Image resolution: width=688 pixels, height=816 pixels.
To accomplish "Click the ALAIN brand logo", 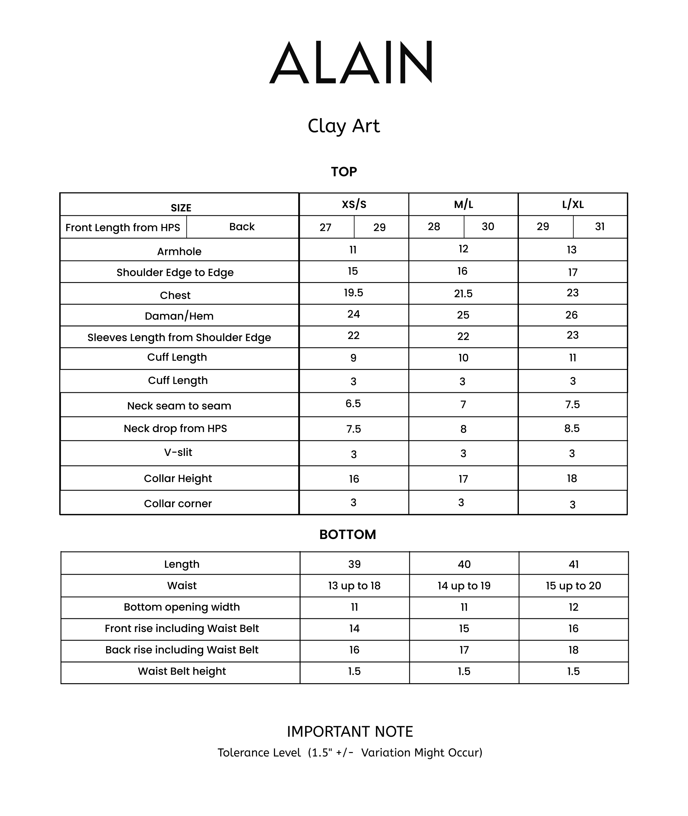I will pyautogui.click(x=350, y=62).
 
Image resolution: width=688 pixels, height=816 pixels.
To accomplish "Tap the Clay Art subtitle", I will pyautogui.click(x=344, y=126).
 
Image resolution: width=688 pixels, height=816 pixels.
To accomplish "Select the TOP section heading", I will pyautogui.click(x=344, y=172).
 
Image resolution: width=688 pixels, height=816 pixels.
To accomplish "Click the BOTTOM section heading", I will pyautogui.click(x=348, y=535).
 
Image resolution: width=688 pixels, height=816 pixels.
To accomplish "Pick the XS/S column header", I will pyautogui.click(x=354, y=204).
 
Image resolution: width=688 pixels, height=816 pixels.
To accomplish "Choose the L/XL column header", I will pyautogui.click(x=573, y=204).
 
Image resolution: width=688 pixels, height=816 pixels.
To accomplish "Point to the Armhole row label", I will pyautogui.click(x=179, y=252).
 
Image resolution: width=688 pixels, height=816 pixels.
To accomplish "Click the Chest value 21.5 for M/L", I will pyautogui.click(x=463, y=294).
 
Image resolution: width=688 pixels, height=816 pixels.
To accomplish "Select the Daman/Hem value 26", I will pyautogui.click(x=571, y=315).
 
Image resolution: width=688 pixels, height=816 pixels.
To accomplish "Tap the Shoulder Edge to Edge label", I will pyautogui.click(x=175, y=273).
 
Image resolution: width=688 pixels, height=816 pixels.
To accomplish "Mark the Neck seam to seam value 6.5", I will pyautogui.click(x=353, y=403).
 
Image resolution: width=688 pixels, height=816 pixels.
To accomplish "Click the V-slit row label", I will pyautogui.click(x=178, y=452).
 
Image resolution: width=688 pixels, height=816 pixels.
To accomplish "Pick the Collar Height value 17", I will pyautogui.click(x=463, y=479).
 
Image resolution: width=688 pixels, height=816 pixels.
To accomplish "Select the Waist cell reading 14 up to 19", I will pyautogui.click(x=464, y=585).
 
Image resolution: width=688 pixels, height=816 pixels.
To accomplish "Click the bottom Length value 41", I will pyautogui.click(x=573, y=564).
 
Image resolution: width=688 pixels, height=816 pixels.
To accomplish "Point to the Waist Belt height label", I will pyautogui.click(x=182, y=671).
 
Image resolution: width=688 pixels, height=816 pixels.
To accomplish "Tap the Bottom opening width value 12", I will pyautogui.click(x=573, y=607).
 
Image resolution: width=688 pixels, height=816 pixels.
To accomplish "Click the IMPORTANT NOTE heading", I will pyautogui.click(x=350, y=732).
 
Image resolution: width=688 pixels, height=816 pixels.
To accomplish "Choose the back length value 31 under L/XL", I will pyautogui.click(x=600, y=226).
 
